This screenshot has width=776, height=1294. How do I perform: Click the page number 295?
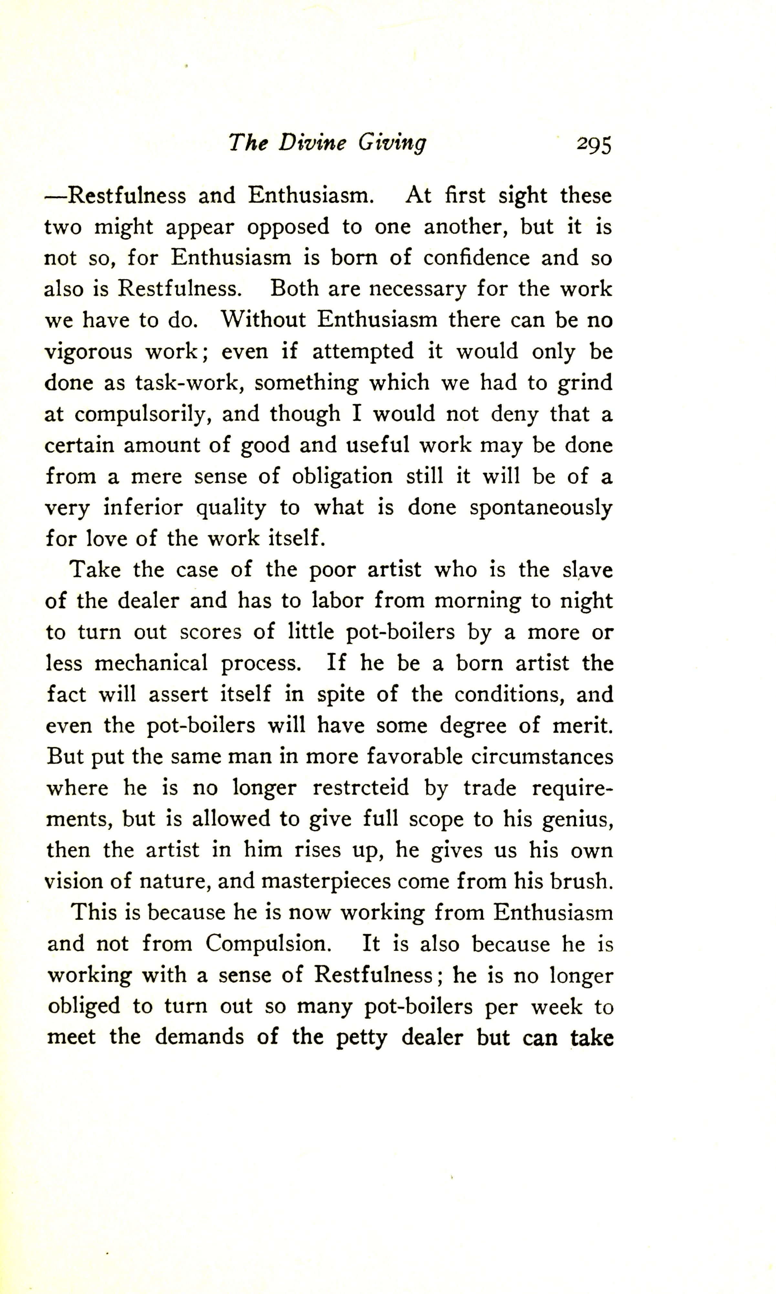593,145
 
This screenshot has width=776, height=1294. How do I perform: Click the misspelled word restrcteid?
361,788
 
